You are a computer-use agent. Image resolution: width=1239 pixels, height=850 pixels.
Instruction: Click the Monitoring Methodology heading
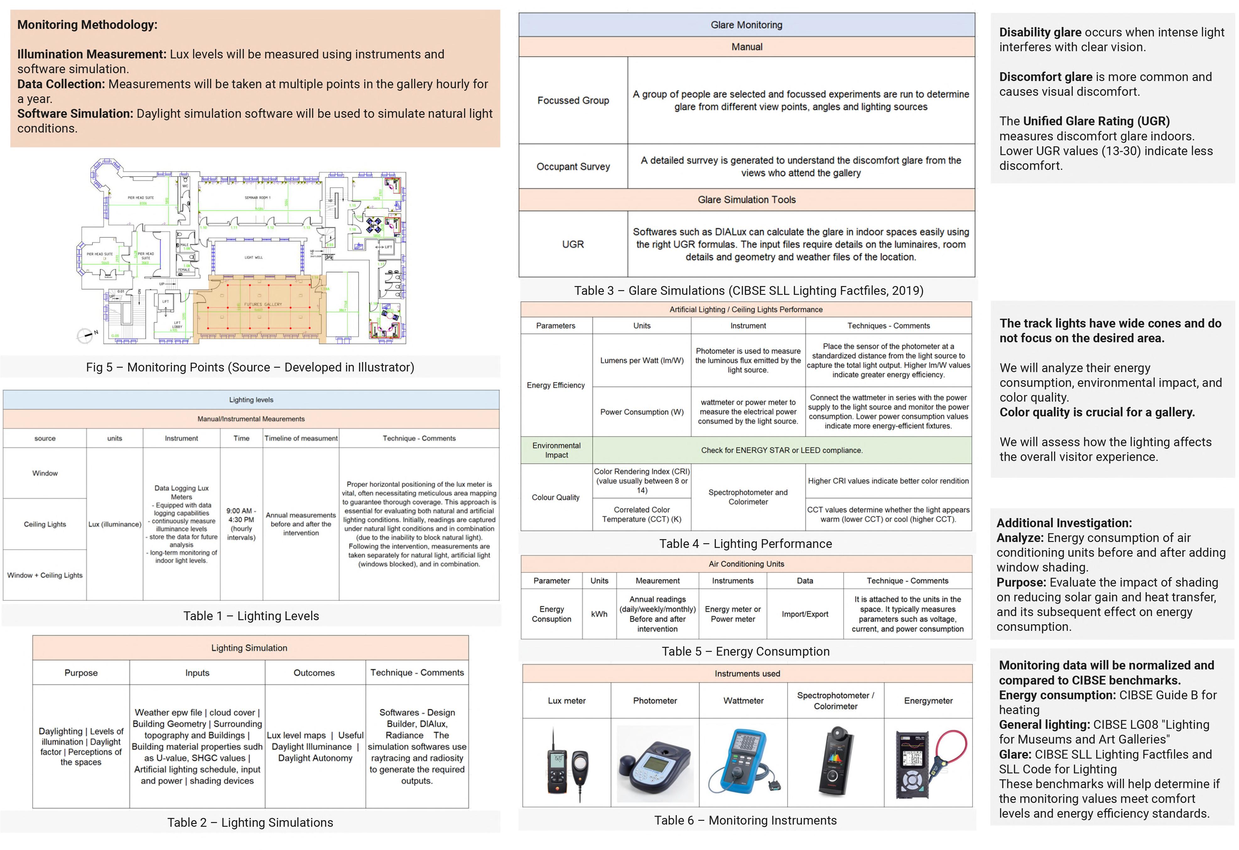coord(87,24)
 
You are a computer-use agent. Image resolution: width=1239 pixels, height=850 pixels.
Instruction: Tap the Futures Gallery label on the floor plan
coord(263,305)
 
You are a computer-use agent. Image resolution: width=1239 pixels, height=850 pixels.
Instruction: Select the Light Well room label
coord(253,257)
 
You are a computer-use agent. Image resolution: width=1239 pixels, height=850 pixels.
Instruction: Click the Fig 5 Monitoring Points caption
coord(250,367)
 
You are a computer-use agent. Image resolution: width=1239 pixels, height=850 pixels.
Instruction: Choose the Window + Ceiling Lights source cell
coord(45,575)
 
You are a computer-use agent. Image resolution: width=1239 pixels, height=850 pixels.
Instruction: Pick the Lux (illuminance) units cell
coord(115,524)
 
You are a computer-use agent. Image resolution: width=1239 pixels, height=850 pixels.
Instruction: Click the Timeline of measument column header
coord(301,438)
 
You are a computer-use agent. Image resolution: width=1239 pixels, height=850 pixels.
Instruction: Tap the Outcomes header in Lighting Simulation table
coord(314,673)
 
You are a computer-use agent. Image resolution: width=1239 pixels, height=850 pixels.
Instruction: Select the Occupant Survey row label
coord(573,166)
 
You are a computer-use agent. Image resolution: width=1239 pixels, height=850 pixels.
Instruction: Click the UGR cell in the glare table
coord(573,244)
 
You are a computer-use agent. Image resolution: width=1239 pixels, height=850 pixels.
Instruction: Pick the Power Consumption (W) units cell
coord(642,412)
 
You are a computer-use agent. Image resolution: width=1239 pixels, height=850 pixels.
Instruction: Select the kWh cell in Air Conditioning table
coord(599,614)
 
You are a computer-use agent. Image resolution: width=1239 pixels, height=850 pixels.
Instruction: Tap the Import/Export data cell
coord(805,614)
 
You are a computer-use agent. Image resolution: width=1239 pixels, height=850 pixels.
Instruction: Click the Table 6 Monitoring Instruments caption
coord(745,821)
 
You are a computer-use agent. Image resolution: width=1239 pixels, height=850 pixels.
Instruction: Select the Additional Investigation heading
coord(1064,523)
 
